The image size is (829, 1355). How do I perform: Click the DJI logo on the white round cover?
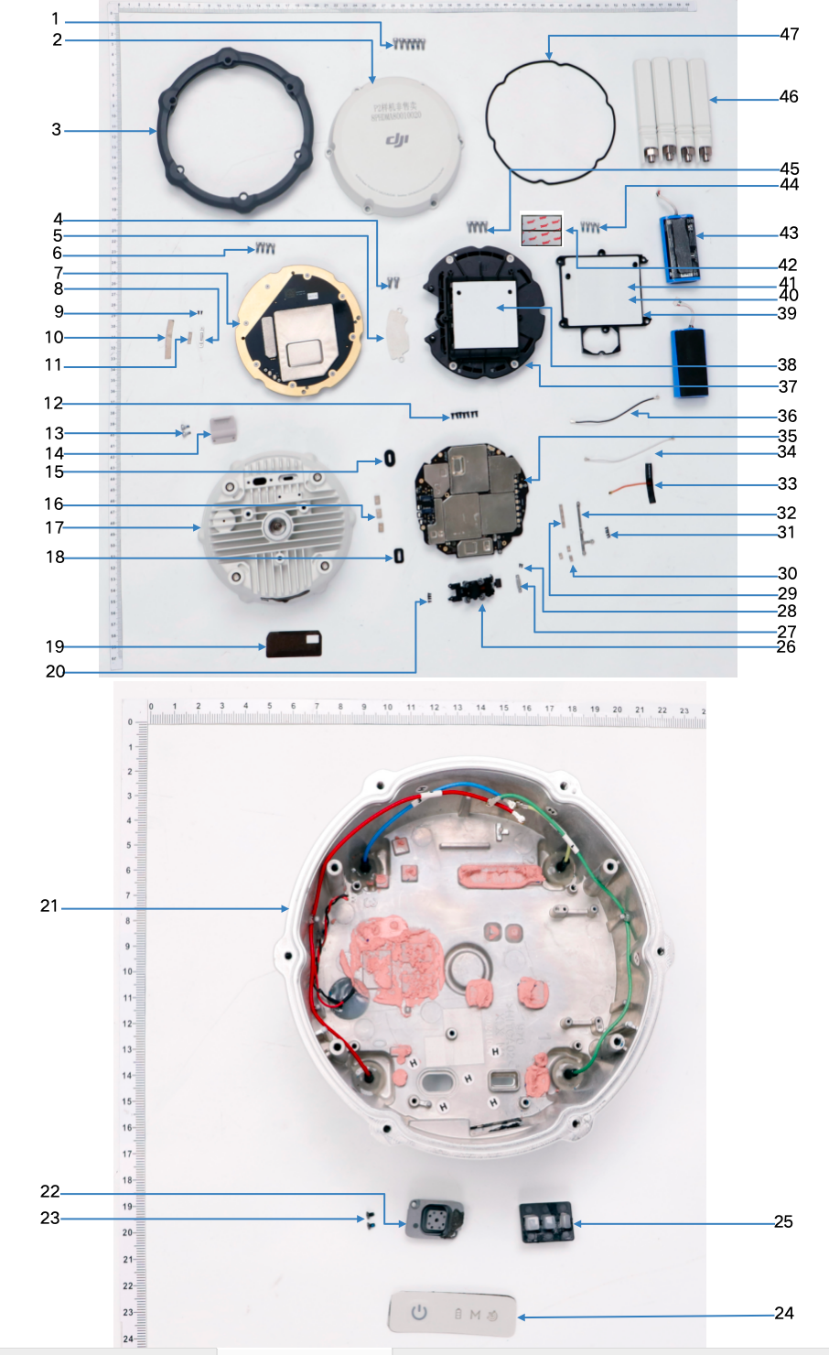coord(397,140)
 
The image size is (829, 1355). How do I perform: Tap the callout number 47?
coord(789,35)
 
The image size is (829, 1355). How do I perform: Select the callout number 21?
coord(49,905)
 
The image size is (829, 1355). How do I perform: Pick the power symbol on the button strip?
coord(419,1312)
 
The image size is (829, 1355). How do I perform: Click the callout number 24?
coord(784,1313)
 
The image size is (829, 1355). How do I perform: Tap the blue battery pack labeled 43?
coord(679,247)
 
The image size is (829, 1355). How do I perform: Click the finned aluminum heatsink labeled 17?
coord(275,531)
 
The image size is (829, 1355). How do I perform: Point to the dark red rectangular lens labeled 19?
coord(293,644)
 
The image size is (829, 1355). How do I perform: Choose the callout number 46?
coord(789,96)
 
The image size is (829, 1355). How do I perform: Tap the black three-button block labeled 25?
coord(546,1222)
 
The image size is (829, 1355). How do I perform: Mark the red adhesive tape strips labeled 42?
coord(541,229)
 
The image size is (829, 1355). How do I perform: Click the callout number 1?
coord(55,18)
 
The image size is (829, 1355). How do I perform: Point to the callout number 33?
coord(787,483)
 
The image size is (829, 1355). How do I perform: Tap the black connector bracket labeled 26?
coord(474,591)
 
